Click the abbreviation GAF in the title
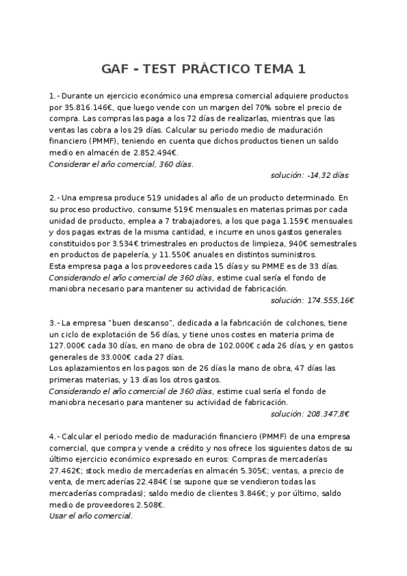(x=116, y=69)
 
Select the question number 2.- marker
(x=55, y=198)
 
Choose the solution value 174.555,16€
(x=322, y=300)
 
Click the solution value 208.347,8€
(x=324, y=413)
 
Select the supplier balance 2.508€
(x=145, y=505)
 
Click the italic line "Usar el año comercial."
(x=90, y=516)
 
